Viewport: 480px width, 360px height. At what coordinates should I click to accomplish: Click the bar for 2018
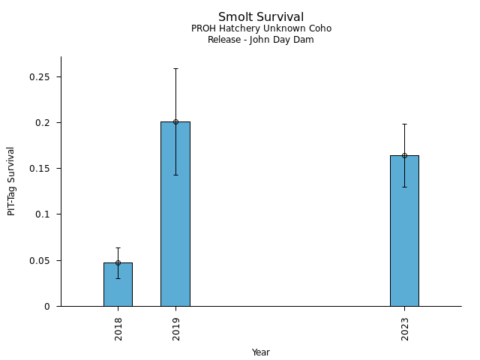(x=118, y=285)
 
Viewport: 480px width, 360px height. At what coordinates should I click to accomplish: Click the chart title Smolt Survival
(x=261, y=17)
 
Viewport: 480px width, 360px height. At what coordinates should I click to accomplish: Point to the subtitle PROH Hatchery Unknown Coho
(x=261, y=28)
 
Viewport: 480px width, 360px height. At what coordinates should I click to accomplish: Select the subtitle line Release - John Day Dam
(x=261, y=40)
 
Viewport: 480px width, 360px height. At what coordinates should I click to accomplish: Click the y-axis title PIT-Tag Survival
(x=12, y=181)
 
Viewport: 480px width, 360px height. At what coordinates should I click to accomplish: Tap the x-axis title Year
(x=261, y=352)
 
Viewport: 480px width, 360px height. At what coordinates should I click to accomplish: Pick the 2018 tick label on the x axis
(x=118, y=328)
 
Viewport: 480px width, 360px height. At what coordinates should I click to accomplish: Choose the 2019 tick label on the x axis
(x=176, y=328)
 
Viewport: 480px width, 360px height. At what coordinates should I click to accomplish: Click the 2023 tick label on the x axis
(x=405, y=328)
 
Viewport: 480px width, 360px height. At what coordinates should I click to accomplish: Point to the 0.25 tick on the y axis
(x=44, y=77)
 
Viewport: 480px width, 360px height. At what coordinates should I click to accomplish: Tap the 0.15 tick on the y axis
(x=44, y=169)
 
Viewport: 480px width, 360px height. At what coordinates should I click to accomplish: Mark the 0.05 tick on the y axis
(x=44, y=261)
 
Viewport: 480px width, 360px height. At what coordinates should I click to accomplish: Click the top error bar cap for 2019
(x=175, y=68)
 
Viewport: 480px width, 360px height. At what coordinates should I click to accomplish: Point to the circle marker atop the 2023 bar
(x=404, y=155)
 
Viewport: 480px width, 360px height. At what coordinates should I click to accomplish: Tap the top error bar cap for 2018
(x=118, y=247)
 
